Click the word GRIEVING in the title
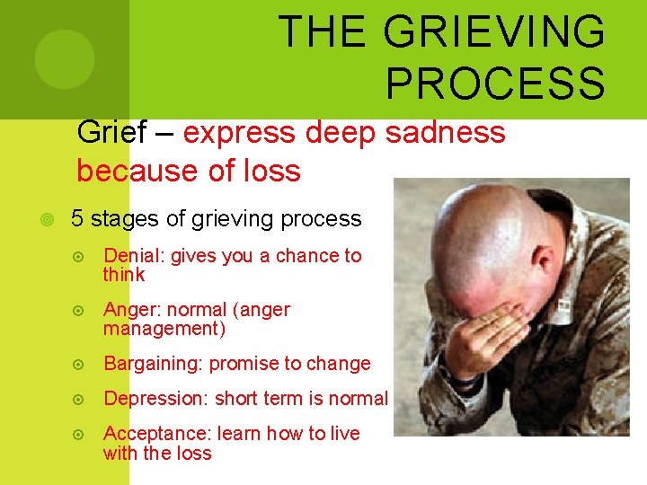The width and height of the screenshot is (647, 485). coord(493,32)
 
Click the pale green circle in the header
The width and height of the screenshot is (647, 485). coord(65,58)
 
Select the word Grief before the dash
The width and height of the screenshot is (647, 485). coord(111,133)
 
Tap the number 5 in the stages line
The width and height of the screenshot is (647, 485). coord(77,218)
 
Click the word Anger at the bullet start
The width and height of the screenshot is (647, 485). coord(130,310)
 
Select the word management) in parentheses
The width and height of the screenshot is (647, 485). coord(164,329)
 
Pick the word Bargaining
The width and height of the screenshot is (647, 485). coord(153,364)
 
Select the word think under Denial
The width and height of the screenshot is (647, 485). coord(124,275)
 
